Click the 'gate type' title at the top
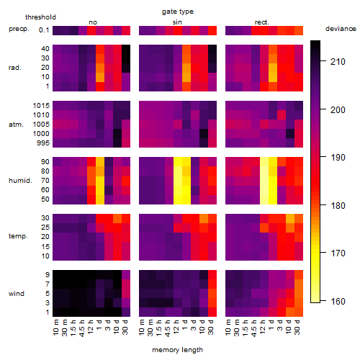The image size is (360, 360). (x=178, y=12)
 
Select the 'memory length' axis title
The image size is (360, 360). (x=177, y=350)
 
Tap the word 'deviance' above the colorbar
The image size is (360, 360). (x=341, y=29)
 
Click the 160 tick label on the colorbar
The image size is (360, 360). (x=338, y=301)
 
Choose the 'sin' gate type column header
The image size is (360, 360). (x=177, y=22)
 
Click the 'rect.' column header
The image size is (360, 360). (x=261, y=22)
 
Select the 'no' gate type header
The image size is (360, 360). (x=93, y=22)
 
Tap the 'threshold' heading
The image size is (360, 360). (x=40, y=17)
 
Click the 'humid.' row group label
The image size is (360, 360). (x=20, y=181)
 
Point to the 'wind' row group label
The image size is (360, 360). (x=17, y=294)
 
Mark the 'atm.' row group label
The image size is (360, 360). (x=16, y=125)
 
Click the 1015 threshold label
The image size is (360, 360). (x=41, y=105)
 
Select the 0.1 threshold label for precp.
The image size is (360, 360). (x=44, y=30)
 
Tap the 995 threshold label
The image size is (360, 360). (x=43, y=143)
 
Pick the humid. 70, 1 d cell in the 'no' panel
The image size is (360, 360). (x=100, y=181)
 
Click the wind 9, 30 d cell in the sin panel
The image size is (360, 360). (x=212, y=275)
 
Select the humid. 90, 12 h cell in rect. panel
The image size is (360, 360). (x=264, y=162)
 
